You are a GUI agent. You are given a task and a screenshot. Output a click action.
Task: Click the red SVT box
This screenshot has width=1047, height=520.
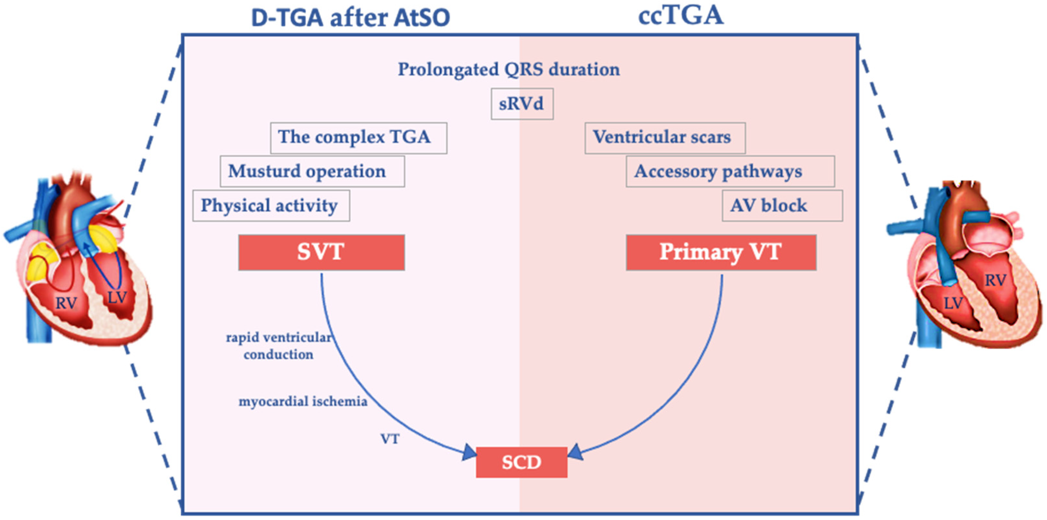pos(321,252)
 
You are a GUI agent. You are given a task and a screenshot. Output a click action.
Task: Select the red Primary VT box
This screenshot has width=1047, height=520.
pos(721,252)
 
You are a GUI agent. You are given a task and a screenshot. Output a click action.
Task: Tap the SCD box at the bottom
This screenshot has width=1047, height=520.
pos(522,462)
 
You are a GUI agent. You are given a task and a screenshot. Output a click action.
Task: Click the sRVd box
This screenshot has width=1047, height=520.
pos(522,104)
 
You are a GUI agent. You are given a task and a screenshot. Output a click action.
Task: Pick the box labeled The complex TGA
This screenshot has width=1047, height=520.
pos(358,138)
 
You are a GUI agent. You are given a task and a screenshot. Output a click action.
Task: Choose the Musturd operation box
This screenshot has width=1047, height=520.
pos(312,172)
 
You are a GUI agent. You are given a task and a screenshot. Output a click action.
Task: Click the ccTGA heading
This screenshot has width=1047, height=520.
pos(681,16)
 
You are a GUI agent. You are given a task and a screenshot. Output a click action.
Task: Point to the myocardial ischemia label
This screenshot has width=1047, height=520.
pos(303,402)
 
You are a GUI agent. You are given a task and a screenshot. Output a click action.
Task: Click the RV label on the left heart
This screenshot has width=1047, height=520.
pos(66,303)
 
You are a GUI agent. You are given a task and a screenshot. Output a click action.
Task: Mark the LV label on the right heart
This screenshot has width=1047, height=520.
pos(953,303)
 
